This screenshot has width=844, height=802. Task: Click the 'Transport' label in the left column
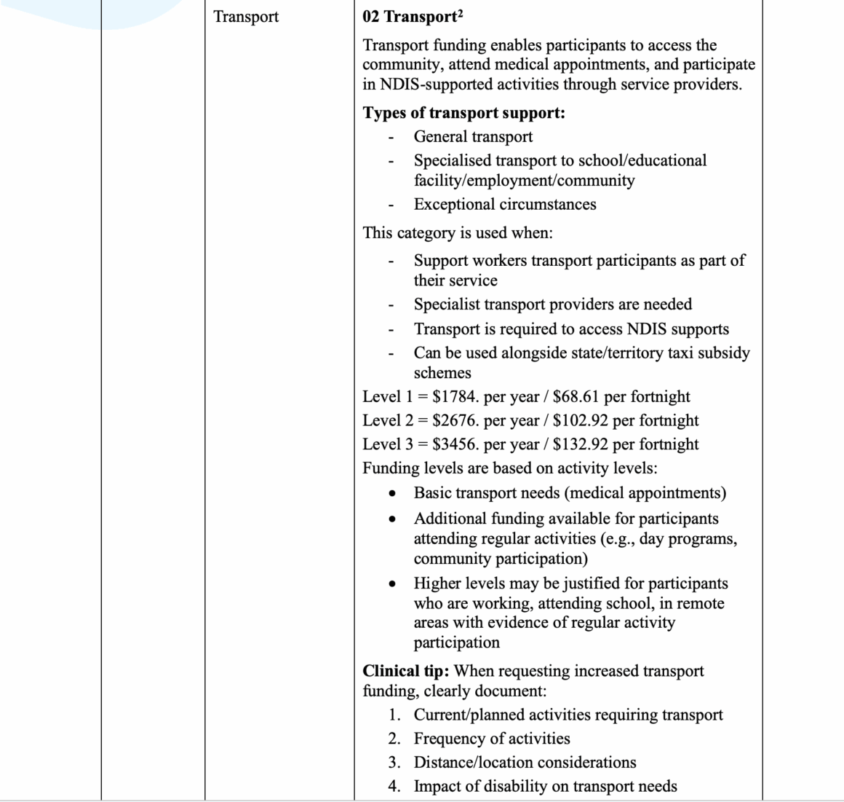pyautogui.click(x=246, y=17)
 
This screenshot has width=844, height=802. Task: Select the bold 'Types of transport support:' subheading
pyautogui.click(x=464, y=113)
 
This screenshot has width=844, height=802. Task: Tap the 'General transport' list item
pyautogui.click(x=473, y=136)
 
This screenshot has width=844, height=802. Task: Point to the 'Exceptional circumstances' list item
pyautogui.click(x=505, y=204)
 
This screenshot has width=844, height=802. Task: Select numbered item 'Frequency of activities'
pyautogui.click(x=492, y=739)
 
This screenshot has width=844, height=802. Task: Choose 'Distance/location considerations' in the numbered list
pyautogui.click(x=525, y=763)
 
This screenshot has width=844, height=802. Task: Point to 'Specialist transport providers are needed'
pyautogui.click(x=553, y=304)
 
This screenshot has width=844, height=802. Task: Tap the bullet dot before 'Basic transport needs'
pyautogui.click(x=393, y=494)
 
